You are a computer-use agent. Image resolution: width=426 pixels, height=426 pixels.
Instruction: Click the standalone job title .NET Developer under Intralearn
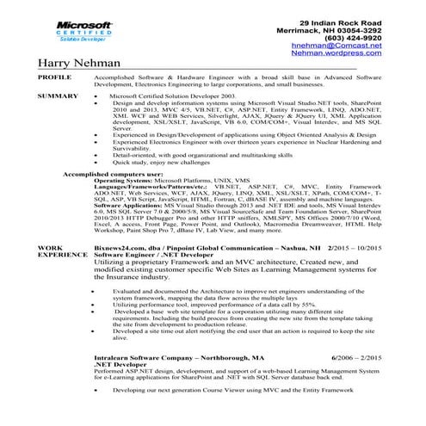coord(116,361)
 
